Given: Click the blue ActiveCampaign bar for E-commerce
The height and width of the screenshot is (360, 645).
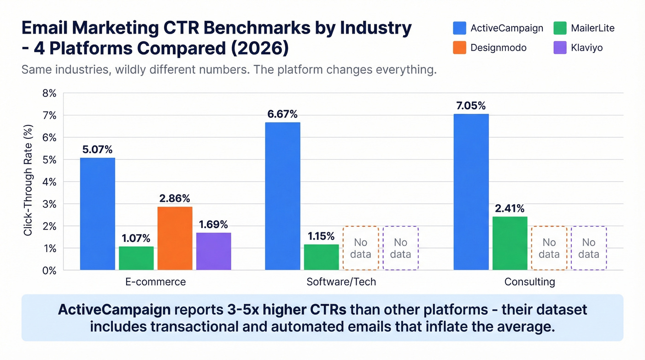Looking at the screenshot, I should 97,214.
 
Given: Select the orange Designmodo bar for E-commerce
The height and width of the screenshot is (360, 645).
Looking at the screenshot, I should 175,238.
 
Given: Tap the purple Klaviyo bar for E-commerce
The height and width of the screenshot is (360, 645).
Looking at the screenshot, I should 213,251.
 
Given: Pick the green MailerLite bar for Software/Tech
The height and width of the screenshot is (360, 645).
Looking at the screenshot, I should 321,257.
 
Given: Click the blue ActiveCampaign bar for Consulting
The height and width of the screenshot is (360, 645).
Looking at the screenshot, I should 471,192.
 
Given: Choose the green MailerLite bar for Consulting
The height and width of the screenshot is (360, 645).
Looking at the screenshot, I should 510,243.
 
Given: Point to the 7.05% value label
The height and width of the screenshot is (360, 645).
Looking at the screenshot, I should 471,106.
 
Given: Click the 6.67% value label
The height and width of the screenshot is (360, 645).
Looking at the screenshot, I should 282,114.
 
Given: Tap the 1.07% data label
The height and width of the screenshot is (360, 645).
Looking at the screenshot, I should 136,238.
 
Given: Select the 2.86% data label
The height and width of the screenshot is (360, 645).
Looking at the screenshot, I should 175,198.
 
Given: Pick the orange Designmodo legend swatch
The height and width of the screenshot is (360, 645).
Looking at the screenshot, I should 459,47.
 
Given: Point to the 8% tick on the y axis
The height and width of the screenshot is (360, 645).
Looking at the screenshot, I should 49,94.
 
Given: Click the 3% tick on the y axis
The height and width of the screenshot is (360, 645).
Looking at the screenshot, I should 49,204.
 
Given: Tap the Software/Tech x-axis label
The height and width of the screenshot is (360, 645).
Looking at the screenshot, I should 341,282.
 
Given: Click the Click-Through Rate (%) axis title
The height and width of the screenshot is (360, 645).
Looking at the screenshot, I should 29,180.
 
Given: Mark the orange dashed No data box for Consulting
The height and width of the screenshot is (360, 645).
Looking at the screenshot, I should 549,248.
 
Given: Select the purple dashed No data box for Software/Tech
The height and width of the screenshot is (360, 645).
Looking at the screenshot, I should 400,248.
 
